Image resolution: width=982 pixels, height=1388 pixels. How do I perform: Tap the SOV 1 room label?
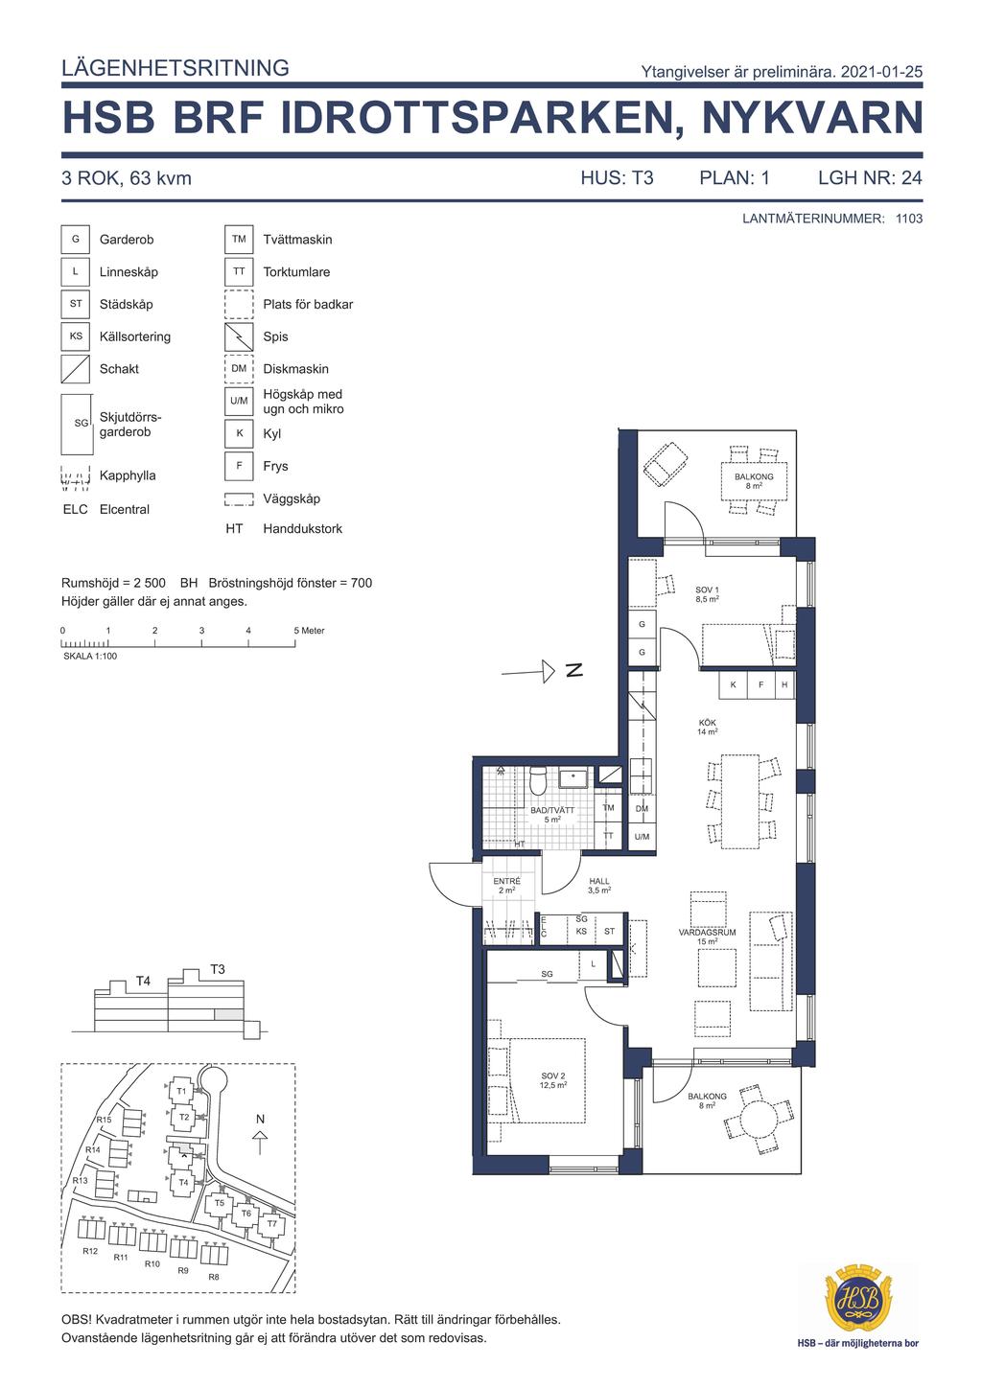707,594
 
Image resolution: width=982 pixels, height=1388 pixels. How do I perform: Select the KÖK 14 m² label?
708,727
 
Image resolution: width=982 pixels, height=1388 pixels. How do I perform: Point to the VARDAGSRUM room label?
708,932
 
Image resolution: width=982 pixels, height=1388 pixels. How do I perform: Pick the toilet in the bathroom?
537,780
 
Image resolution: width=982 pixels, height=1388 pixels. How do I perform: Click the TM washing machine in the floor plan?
609,807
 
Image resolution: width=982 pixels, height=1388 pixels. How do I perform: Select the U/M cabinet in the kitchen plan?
642,837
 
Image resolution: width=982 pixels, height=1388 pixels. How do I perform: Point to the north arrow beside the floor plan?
527,671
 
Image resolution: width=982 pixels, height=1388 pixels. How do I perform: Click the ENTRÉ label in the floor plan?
506,881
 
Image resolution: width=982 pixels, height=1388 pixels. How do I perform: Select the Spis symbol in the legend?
239,336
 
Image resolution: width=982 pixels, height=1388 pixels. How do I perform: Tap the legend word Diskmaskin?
295,369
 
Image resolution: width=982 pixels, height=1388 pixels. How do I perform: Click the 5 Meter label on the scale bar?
310,630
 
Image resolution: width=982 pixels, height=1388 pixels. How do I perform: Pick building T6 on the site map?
246,1214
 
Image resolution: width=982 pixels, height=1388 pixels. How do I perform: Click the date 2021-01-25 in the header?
881,72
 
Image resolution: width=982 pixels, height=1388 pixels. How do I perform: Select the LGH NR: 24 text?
870,178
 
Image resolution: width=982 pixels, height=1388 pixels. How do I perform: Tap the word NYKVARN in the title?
812,117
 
